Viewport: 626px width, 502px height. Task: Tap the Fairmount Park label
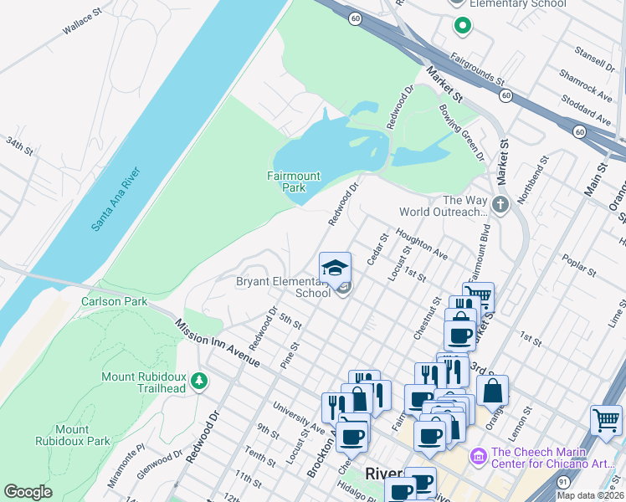(x=293, y=182)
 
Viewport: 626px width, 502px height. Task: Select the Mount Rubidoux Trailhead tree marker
(x=199, y=382)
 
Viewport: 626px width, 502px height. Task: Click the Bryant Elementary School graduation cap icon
(x=335, y=268)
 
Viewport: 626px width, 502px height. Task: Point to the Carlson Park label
(x=114, y=301)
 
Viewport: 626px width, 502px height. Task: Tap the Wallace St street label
(x=81, y=23)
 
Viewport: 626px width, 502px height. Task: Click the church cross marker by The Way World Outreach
(x=500, y=205)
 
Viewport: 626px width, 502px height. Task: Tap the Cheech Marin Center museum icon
(x=478, y=456)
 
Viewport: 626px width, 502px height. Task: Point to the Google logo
(x=28, y=492)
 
